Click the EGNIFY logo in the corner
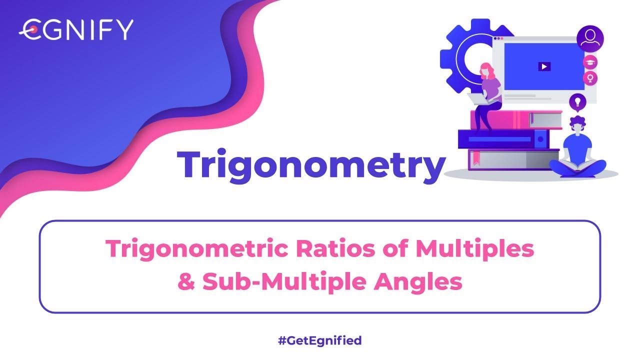click(76, 29)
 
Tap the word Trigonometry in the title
click(310, 164)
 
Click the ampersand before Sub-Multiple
click(186, 282)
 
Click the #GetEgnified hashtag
click(319, 341)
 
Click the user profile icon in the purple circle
click(590, 39)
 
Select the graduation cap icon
click(590, 62)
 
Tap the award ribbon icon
click(590, 78)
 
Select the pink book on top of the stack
click(505, 119)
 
